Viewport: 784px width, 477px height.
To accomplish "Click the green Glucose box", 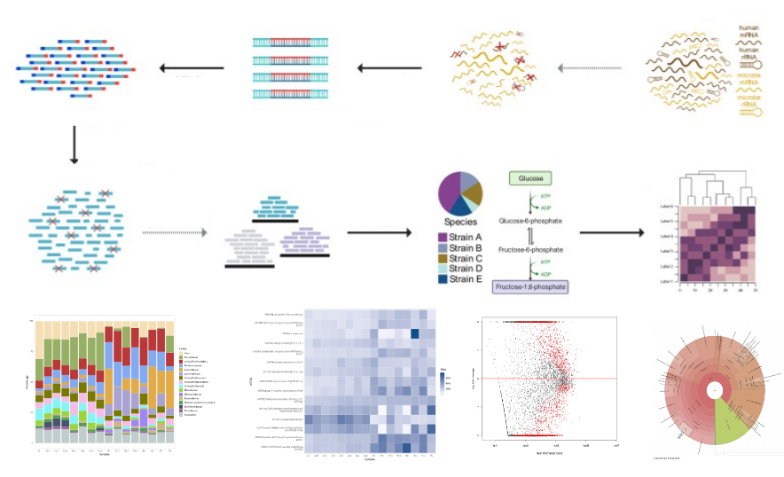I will coord(530,178).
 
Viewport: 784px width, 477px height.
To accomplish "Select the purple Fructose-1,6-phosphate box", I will coord(530,286).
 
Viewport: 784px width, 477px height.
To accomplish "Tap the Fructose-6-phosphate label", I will coord(530,251).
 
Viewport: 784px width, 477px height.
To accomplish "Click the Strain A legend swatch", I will coord(443,237).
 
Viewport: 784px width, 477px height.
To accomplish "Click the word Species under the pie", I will coord(459,223).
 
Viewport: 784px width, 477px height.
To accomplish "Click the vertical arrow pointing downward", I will coord(74,145).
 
